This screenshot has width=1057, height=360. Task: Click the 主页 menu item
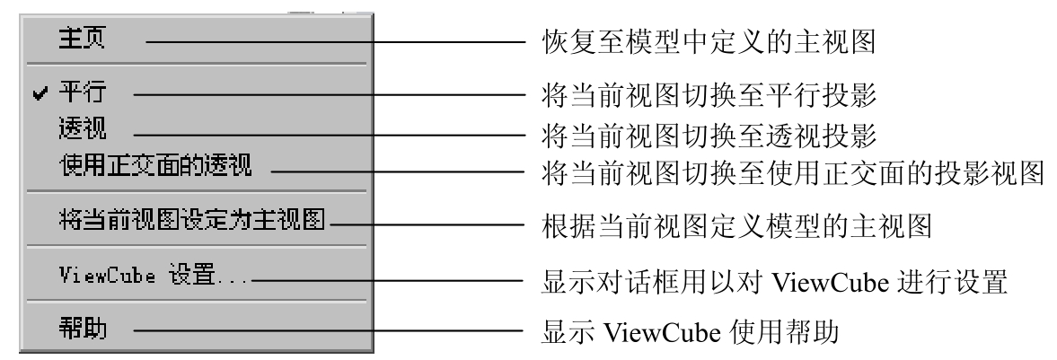pyautogui.click(x=82, y=39)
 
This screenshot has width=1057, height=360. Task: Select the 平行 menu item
pyautogui.click(x=82, y=92)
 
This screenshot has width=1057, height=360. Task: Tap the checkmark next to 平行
pyautogui.click(x=41, y=93)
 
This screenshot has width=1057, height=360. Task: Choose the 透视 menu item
pyautogui.click(x=82, y=128)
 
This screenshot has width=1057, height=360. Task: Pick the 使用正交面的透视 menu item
pyautogui.click(x=155, y=164)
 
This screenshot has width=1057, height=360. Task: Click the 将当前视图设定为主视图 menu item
pyautogui.click(x=192, y=219)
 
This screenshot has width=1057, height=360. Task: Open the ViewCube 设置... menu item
pyautogui.click(x=154, y=275)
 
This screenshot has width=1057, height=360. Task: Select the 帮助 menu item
pyautogui.click(x=82, y=329)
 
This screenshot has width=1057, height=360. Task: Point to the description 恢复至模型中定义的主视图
pyautogui.click(x=709, y=42)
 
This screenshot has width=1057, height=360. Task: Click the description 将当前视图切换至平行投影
pyautogui.click(x=709, y=95)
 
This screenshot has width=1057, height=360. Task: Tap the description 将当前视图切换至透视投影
pyautogui.click(x=709, y=136)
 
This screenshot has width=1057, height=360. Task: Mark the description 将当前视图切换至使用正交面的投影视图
pyautogui.click(x=793, y=172)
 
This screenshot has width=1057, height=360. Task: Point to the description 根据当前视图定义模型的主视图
pyautogui.click(x=736, y=226)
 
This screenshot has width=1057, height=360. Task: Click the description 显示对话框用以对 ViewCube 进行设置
pyautogui.click(x=774, y=282)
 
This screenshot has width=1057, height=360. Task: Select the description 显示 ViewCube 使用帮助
pyautogui.click(x=690, y=331)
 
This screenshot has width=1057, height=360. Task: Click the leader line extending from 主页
pyautogui.click(x=335, y=42)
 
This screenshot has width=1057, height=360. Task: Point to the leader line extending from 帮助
pyautogui.click(x=329, y=331)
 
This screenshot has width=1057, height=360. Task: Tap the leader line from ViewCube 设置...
pyautogui.click(x=388, y=281)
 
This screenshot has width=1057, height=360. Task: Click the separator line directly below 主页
pyautogui.click(x=196, y=65)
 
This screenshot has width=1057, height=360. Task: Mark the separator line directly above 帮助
pyautogui.click(x=196, y=301)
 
